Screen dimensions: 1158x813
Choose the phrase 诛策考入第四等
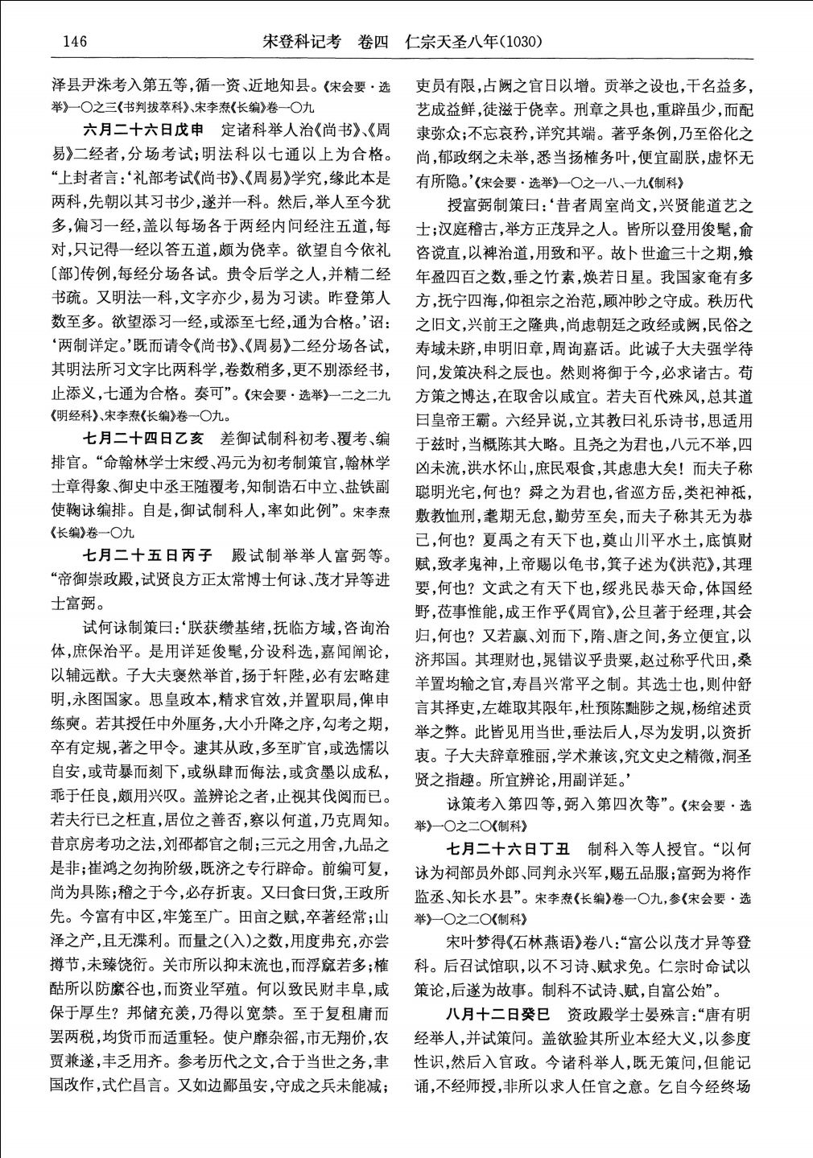coord(501,802)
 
